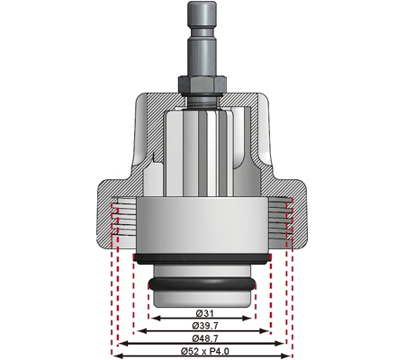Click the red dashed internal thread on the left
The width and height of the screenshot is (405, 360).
(x=116, y=220)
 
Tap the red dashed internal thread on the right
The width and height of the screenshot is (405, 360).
(x=287, y=220)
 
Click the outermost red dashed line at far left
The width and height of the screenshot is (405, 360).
(x=112, y=297)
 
